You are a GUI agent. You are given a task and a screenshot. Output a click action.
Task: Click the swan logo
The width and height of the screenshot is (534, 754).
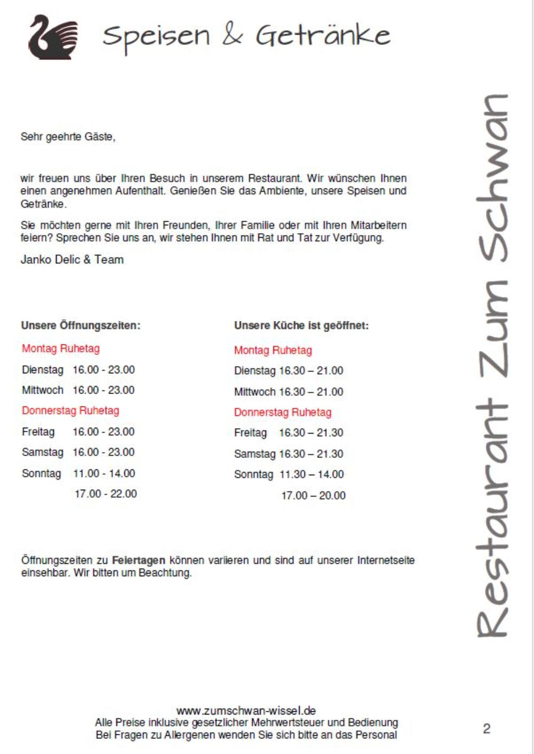pyautogui.click(x=52, y=37)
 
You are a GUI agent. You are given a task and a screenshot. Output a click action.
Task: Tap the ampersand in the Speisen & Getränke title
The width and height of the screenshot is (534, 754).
pyautogui.click(x=232, y=35)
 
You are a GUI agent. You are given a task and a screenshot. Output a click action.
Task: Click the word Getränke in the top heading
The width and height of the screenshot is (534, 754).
pyautogui.click(x=323, y=36)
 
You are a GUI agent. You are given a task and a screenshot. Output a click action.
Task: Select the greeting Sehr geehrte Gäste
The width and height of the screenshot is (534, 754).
pyautogui.click(x=68, y=137)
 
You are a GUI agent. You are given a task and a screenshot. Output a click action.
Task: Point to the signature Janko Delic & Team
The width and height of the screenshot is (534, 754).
pyautogui.click(x=72, y=260)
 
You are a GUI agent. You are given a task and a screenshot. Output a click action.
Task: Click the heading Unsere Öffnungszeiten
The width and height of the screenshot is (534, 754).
pyautogui.click(x=81, y=325)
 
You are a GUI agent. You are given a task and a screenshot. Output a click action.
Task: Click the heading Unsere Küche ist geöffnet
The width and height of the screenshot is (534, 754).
pyautogui.click(x=301, y=325)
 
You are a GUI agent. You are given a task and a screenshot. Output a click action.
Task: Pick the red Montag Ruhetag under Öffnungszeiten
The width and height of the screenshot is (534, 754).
pyautogui.click(x=60, y=349)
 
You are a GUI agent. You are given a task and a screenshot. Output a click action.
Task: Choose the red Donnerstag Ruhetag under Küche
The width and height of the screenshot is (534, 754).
pyautogui.click(x=282, y=412)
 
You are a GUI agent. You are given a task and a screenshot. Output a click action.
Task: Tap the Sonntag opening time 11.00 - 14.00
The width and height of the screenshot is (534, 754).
pyautogui.click(x=104, y=473)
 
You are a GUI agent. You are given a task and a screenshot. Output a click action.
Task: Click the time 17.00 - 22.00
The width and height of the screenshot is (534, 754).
pyautogui.click(x=106, y=494)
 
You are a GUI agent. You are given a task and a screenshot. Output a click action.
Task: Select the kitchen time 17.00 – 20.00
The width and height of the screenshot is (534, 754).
pyautogui.click(x=313, y=496)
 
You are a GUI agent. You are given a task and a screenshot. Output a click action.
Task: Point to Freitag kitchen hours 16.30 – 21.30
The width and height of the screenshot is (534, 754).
pyautogui.click(x=311, y=433)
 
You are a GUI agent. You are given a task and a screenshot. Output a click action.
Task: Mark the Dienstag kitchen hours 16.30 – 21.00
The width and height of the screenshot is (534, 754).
pyautogui.click(x=311, y=371)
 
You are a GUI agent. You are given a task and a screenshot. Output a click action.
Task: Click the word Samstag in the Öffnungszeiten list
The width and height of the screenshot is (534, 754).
pyautogui.click(x=42, y=452)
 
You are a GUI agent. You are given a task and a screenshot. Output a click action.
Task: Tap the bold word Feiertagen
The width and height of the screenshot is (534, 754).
pyautogui.click(x=138, y=561)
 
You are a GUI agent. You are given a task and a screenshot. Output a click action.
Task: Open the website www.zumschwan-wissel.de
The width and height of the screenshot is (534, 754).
pyautogui.click(x=246, y=711)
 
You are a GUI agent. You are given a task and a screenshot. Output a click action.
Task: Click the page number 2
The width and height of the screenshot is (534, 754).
pyautogui.click(x=486, y=729)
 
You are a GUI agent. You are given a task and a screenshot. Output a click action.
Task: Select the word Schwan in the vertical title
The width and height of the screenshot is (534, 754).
pyautogui.click(x=492, y=176)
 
